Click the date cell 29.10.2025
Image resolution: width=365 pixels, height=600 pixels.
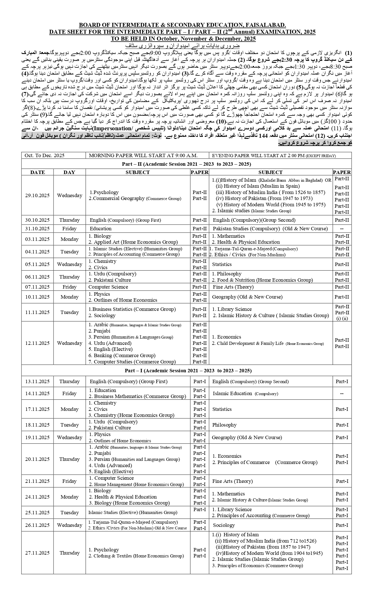click(x=37, y=195)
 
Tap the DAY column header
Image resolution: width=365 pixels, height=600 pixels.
click(x=69, y=172)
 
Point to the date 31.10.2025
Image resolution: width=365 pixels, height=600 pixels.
click(x=37, y=229)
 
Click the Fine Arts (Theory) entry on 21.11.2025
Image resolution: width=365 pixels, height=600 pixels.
click(x=232, y=481)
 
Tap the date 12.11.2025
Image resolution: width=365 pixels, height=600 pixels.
click(x=37, y=343)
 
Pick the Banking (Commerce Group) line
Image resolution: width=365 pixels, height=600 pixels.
click(x=122, y=355)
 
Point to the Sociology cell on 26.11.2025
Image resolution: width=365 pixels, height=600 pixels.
click(x=224, y=525)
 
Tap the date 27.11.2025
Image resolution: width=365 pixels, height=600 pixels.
click(x=37, y=553)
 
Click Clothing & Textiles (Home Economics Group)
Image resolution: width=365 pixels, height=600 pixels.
click(x=136, y=556)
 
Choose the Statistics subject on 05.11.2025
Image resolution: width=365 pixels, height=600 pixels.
click(x=222, y=264)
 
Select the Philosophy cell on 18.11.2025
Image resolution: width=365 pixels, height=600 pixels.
click(x=224, y=425)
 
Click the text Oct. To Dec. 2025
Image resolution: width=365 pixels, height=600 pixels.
click(x=44, y=155)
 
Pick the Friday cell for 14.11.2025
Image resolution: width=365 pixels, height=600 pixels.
click(x=69, y=393)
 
